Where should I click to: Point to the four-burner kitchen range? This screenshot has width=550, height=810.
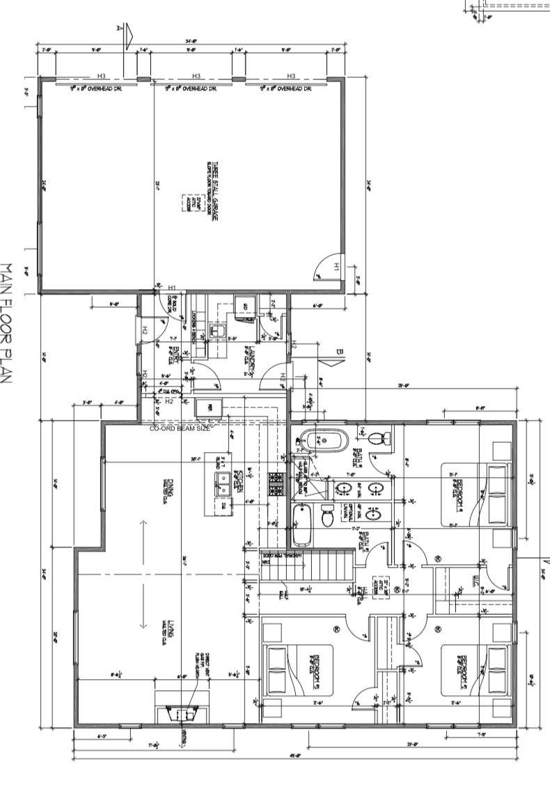click(276, 484)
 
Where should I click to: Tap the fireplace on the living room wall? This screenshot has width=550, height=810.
click(180, 712)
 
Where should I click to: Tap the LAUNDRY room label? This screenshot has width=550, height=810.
click(247, 359)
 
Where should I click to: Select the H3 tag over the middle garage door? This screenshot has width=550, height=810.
click(196, 76)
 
